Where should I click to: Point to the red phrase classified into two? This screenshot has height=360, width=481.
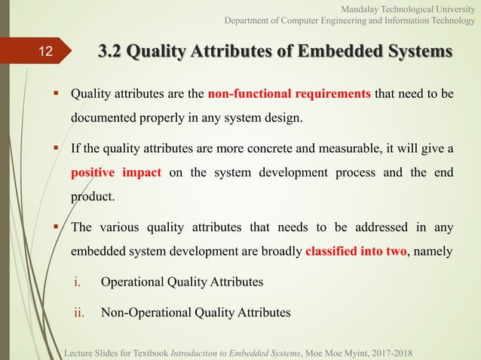pos(354,251)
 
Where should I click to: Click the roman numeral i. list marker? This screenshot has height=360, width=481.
pos(76,282)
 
